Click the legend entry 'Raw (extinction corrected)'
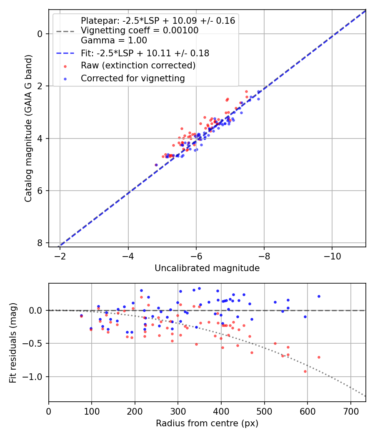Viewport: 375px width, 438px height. tap(138, 65)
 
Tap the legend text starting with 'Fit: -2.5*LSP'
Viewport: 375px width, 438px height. tap(145, 53)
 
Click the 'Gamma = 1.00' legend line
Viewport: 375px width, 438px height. tap(114, 40)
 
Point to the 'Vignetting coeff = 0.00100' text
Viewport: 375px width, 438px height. tap(140, 30)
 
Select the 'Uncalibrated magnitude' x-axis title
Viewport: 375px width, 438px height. tap(207, 268)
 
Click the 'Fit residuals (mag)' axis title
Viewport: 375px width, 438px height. tap(13, 343)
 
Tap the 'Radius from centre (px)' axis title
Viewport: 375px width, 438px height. tap(207, 423)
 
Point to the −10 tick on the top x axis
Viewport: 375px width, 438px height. tap(332, 255)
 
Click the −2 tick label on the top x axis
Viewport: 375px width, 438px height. tap(60, 255)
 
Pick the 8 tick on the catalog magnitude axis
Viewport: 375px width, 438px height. tap(40, 243)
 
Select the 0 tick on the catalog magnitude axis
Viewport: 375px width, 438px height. tap(40, 33)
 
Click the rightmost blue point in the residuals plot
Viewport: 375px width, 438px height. tap(319, 296)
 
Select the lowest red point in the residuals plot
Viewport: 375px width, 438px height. tap(305, 371)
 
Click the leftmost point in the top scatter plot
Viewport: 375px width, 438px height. tap(156, 165)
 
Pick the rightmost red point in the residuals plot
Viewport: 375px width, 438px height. tap(319, 357)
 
